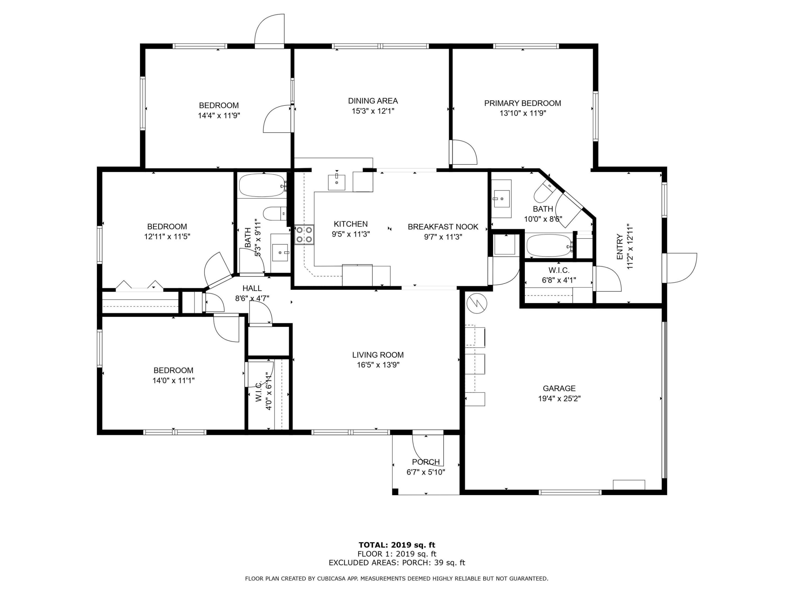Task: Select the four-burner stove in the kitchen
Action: pyautogui.click(x=304, y=235)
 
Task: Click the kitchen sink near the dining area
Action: pyautogui.click(x=336, y=182)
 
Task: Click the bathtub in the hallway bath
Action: pyautogui.click(x=262, y=185)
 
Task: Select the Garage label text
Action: pyautogui.click(x=559, y=388)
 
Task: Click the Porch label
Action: pyautogui.click(x=426, y=462)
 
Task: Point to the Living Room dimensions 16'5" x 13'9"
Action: pyautogui.click(x=378, y=365)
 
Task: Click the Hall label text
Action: pyautogui.click(x=252, y=288)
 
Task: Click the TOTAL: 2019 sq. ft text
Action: pyautogui.click(x=397, y=545)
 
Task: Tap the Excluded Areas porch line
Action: pyautogui.click(x=397, y=563)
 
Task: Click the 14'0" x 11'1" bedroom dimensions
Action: pyautogui.click(x=173, y=380)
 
